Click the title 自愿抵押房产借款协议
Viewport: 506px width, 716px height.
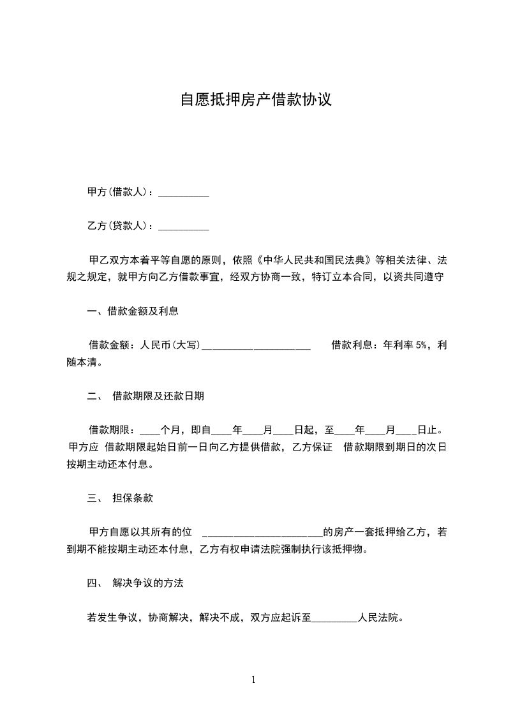pos(255,100)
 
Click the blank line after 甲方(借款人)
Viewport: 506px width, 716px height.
pos(184,193)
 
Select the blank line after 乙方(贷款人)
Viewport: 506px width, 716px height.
pos(184,227)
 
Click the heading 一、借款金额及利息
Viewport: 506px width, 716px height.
pos(133,311)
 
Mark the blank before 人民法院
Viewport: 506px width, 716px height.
pos(334,618)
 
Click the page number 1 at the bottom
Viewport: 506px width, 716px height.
pos(253,680)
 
